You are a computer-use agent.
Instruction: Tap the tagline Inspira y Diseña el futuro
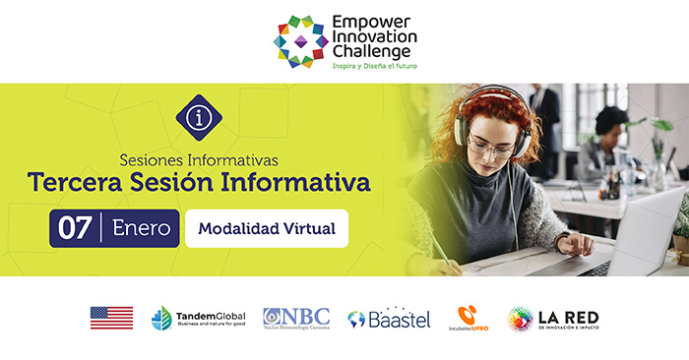click(374, 68)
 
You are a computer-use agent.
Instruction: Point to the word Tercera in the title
click(72, 183)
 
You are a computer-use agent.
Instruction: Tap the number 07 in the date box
click(76, 228)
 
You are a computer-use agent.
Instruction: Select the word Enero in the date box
click(142, 228)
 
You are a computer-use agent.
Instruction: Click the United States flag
click(111, 318)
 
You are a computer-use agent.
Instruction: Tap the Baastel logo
click(389, 318)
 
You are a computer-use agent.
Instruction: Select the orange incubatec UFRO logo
click(468, 318)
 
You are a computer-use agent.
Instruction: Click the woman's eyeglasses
click(493, 146)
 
